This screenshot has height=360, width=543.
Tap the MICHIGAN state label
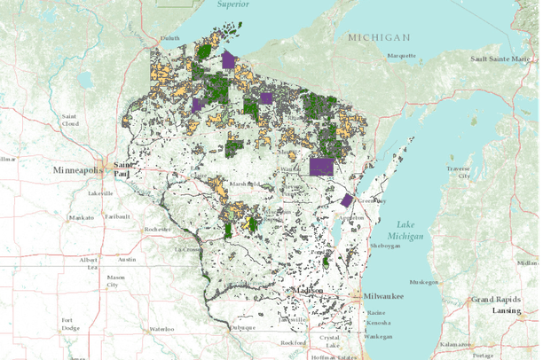pos(379,38)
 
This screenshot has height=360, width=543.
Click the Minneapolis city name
pos(77,168)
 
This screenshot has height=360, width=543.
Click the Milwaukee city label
pos(382,295)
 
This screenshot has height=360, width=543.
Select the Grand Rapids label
pos(493,301)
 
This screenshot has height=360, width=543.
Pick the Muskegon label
pos(450,283)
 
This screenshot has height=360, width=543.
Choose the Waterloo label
pos(161,329)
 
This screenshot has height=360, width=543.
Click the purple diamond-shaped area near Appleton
pos(348,200)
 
